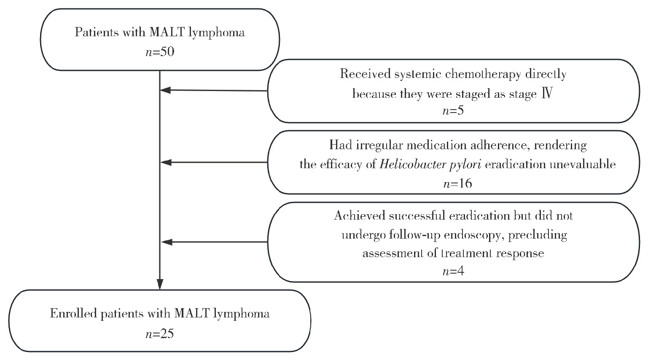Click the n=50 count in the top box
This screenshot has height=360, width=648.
tap(160, 52)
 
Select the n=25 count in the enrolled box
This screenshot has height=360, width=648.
tap(160, 334)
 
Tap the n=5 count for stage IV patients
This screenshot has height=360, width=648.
tap(453, 111)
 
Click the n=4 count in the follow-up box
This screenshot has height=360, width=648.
tap(453, 271)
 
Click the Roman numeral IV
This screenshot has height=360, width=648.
tap(547, 94)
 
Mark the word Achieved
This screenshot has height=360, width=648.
tap(360, 216)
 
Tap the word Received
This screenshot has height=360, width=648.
tap(364, 74)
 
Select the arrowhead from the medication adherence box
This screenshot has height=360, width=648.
tap(166, 162)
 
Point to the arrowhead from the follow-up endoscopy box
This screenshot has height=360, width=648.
tap(167, 242)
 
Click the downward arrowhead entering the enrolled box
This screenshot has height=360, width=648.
tap(160, 285)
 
